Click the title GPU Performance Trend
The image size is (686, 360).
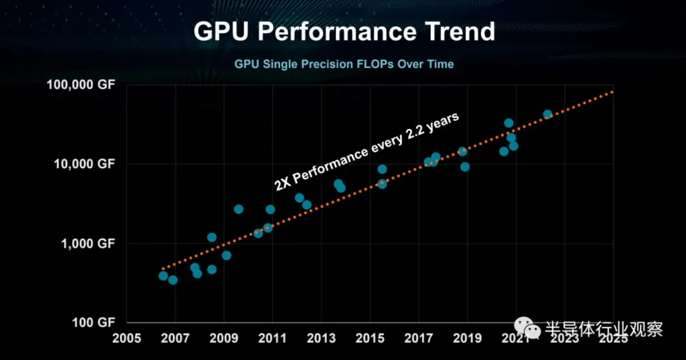tap(343, 32)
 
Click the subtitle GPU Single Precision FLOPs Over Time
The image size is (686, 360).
tap(344, 64)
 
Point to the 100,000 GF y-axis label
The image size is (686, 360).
tap(82, 84)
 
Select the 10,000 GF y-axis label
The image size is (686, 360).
tap(85, 164)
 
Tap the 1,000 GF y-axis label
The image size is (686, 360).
tap(88, 243)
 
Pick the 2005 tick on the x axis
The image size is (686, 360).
tap(127, 337)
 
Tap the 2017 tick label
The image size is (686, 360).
tap(418, 337)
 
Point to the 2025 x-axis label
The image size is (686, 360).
tap(613, 337)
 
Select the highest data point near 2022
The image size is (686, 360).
tap(547, 115)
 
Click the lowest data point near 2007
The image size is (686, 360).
tap(173, 280)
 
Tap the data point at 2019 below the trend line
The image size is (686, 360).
tap(464, 167)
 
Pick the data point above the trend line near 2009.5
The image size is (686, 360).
tap(239, 209)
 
